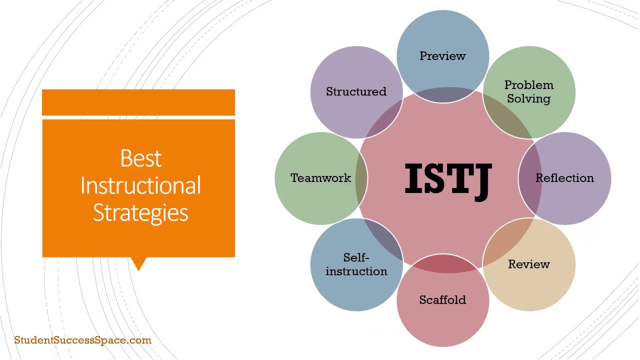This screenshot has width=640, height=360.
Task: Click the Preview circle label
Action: pyautogui.click(x=442, y=56)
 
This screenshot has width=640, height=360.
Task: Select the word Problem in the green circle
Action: pyautogui.click(x=528, y=85)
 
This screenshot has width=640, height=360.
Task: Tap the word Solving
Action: pyautogui.click(x=528, y=98)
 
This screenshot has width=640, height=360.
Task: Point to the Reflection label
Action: pyautogui.click(x=564, y=178)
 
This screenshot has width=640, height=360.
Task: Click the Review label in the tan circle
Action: pyautogui.click(x=528, y=264)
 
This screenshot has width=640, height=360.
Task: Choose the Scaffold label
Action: pyautogui.click(x=442, y=300)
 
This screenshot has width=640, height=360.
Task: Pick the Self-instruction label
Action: pyautogui.click(x=356, y=264)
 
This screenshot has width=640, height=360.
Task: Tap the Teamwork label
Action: pyautogui.click(x=320, y=178)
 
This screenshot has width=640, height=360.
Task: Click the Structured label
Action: pyautogui.click(x=356, y=91)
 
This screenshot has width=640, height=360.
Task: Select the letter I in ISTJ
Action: pyautogui.click(x=413, y=178)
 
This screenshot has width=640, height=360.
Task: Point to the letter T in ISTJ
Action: pyautogui.click(x=459, y=178)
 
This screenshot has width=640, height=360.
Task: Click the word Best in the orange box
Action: pyautogui.click(x=141, y=158)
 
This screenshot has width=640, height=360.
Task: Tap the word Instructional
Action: pyautogui.click(x=140, y=185)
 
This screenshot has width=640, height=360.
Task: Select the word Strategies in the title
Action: pyautogui.click(x=140, y=212)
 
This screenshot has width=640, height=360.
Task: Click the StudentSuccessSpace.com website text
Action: pyautogui.click(x=82, y=340)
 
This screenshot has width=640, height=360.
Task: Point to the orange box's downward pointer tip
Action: pyautogui.click(x=138, y=269)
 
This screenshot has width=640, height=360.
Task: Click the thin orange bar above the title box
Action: pyautogui.click(x=138, y=102)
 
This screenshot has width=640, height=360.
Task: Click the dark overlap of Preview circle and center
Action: pyautogui.click(x=442, y=95)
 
